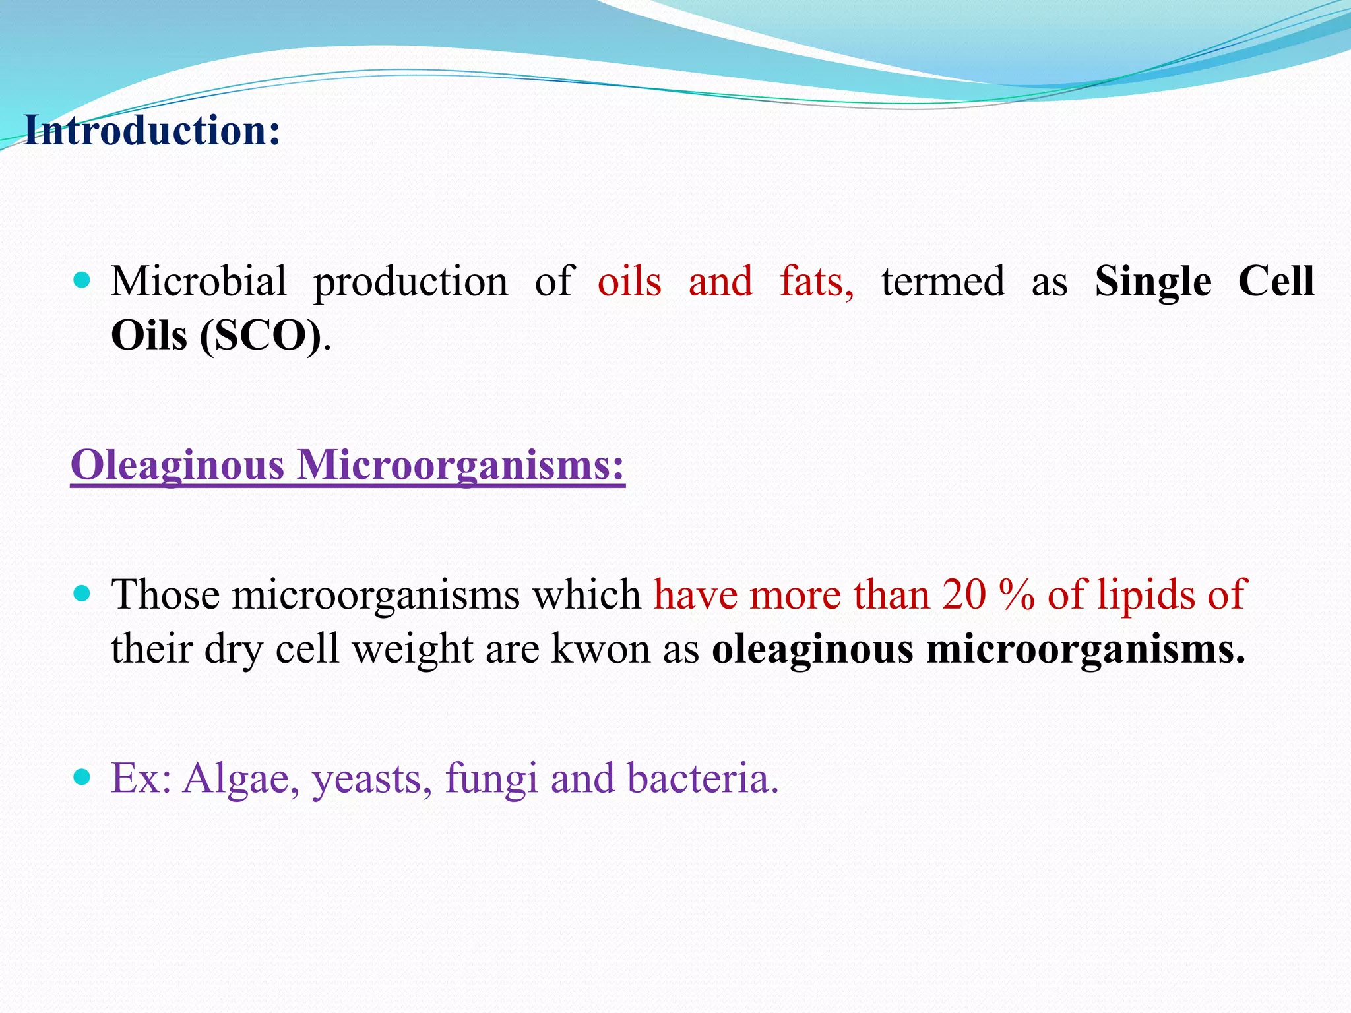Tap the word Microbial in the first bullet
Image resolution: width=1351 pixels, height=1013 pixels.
point(199,282)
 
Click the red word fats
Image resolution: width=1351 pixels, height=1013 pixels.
point(816,282)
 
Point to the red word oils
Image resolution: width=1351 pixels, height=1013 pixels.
point(629,282)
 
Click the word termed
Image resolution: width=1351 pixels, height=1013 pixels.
point(943,282)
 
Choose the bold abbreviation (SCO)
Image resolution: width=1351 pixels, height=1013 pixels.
point(261,336)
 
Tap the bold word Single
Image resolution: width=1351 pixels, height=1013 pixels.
point(1153,282)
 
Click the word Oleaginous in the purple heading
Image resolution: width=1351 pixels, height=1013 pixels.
point(177,466)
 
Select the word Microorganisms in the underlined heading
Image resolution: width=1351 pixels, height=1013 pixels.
point(460,466)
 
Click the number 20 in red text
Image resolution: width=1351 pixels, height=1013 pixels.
point(964,595)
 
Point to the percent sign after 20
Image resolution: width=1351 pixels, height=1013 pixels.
point(1017,595)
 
